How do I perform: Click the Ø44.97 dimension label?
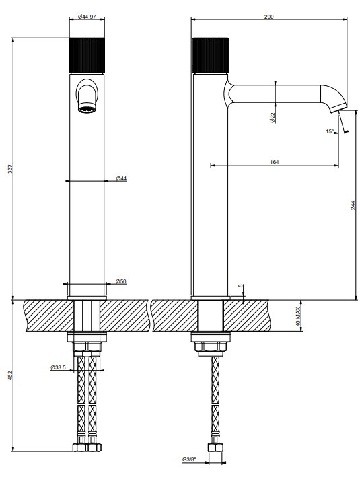click(87, 17)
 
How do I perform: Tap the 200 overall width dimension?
click(269, 17)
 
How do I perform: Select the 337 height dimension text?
click(11, 169)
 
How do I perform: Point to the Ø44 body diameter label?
click(122, 178)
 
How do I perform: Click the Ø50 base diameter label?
click(121, 281)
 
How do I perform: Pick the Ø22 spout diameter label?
click(273, 118)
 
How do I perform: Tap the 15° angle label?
click(330, 131)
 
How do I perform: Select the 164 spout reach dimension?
click(275, 162)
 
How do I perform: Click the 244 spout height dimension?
click(353, 205)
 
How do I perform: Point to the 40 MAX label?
click(297, 316)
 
